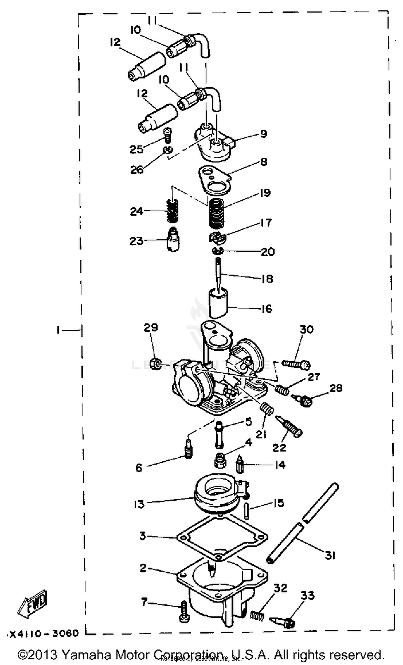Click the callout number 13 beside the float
point(139,504)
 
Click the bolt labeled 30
point(296,364)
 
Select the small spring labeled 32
point(257,615)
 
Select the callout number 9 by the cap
point(263,134)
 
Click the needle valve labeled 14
point(240,465)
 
